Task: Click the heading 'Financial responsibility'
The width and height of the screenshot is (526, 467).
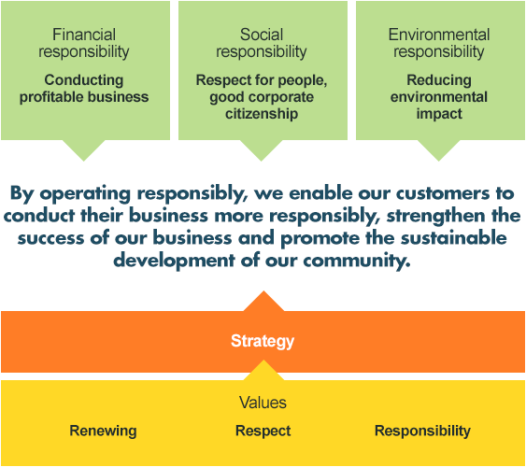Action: click(84, 43)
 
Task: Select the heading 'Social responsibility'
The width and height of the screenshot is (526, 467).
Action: click(262, 43)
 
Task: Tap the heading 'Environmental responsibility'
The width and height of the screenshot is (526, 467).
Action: click(439, 43)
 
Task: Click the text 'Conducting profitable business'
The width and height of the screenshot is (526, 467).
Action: click(84, 89)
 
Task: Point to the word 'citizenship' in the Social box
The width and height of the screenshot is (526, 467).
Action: click(262, 114)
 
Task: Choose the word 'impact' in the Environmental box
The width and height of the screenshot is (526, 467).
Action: click(439, 114)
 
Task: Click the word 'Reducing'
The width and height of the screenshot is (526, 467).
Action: click(439, 80)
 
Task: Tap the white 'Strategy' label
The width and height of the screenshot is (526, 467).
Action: click(263, 341)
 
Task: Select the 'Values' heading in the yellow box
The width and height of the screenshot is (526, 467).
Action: click(263, 403)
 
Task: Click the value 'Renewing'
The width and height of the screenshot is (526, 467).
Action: click(103, 432)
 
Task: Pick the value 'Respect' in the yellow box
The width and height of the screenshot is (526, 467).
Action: click(263, 432)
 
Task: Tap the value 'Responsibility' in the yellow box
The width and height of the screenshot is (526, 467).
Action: click(422, 432)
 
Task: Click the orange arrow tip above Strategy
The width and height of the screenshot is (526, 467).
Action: click(263, 291)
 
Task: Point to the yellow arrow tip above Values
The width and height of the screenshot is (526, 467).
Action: click(263, 361)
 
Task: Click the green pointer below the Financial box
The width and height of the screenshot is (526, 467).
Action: click(84, 150)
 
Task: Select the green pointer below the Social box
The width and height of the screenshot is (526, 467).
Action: click(262, 150)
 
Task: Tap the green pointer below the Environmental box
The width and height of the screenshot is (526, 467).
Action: click(439, 150)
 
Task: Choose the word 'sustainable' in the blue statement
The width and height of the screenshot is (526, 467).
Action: click(454, 238)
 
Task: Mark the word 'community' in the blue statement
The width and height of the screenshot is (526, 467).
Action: click(357, 261)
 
